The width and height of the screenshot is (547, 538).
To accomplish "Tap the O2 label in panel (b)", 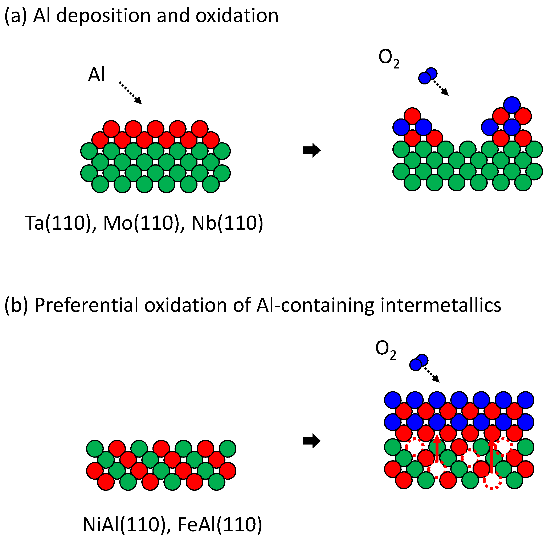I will [385, 350].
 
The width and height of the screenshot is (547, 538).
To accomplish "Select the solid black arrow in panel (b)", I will [311, 441].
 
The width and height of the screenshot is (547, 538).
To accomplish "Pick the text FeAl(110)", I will [220, 524].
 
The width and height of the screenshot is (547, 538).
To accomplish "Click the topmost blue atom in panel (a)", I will [512, 105].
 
